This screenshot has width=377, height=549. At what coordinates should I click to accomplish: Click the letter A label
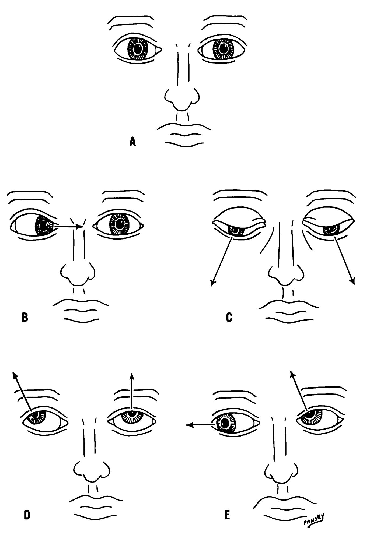(x=132, y=142)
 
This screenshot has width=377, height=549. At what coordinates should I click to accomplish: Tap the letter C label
(x=229, y=318)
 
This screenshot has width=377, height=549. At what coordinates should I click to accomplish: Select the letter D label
(x=27, y=515)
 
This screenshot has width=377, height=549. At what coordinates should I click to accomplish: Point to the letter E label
(x=227, y=515)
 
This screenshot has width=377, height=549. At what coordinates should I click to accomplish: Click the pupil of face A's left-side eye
(x=138, y=49)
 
